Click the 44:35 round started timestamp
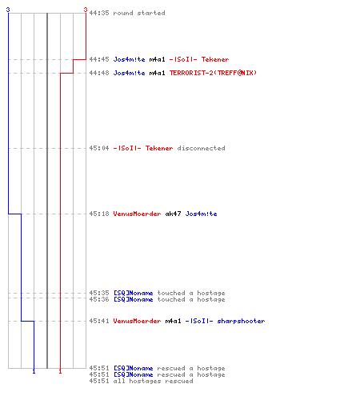point(99,13)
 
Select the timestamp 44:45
point(99,59)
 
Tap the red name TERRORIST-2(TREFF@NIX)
point(213,73)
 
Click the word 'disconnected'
point(202,148)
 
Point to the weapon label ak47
point(173,214)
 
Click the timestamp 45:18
point(99,214)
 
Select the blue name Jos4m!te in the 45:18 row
point(202,214)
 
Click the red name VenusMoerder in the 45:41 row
point(137,321)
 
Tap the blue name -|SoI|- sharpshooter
point(226,321)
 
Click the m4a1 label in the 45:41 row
point(173,321)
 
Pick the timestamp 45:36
point(99,299)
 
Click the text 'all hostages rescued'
point(154,381)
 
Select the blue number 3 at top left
point(8,10)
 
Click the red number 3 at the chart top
point(86,10)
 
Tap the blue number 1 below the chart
point(34,371)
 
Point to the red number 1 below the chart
point(60,371)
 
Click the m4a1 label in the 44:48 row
point(158,73)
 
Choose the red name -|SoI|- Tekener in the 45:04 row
point(143,148)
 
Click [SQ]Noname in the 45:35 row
point(134,293)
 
